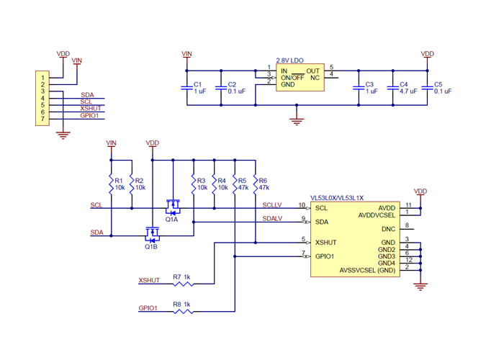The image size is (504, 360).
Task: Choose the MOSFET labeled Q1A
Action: click(x=173, y=208)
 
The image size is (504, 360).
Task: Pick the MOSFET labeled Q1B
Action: click(x=152, y=234)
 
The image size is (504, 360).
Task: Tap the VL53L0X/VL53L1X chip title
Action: click(x=337, y=198)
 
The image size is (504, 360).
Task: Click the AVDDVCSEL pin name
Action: click(x=377, y=215)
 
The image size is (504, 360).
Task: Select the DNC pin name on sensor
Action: click(x=388, y=228)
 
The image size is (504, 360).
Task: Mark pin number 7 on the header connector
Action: click(x=43, y=119)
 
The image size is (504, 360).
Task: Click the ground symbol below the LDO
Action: click(x=295, y=120)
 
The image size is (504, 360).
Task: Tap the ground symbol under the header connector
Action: click(x=63, y=132)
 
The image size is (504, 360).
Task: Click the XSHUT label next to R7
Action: click(x=148, y=280)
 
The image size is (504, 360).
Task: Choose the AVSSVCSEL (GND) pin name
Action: click(x=367, y=271)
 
